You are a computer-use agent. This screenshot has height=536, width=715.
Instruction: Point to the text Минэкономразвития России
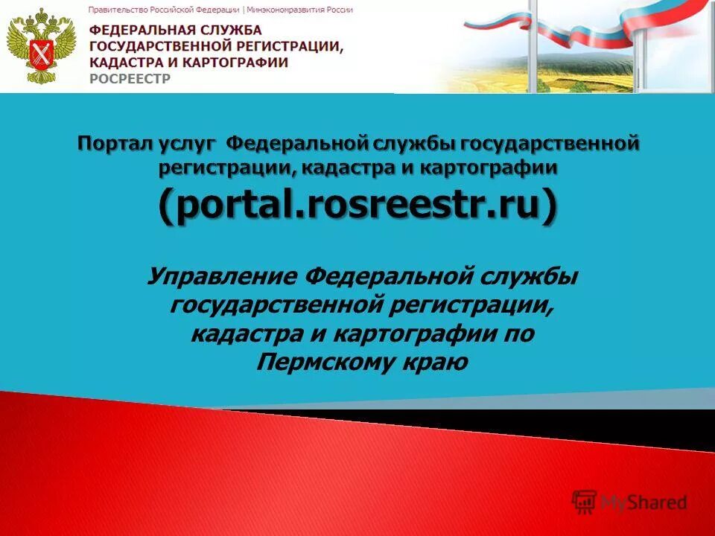coord(301,10)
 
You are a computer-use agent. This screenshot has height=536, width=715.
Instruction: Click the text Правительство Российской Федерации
coord(164,10)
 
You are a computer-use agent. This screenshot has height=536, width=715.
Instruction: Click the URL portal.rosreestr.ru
coord(357,204)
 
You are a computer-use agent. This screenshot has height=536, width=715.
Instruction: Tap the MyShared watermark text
coord(644,502)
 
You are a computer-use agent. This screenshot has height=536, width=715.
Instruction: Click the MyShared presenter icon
coord(584,502)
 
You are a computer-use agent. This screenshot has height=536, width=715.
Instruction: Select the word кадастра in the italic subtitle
coord(244,334)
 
